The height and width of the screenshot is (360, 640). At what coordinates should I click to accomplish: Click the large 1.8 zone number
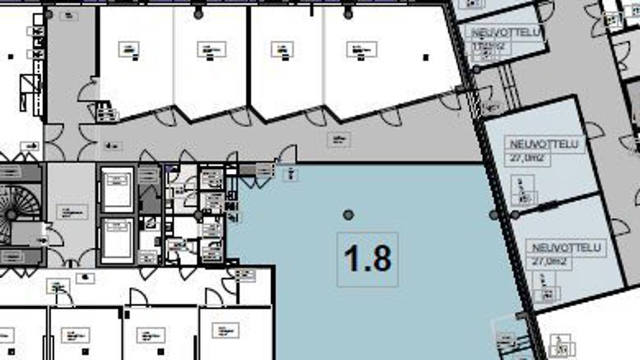point(367,259)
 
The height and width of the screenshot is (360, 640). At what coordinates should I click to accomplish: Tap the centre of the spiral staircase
point(11,214)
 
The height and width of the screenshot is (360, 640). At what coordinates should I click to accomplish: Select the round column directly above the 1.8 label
point(348,214)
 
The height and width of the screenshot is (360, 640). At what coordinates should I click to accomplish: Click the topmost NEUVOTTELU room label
point(506,32)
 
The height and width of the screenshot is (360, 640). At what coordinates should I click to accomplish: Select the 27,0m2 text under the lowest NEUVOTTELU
point(547,262)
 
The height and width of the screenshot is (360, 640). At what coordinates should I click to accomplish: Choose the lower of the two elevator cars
point(117,239)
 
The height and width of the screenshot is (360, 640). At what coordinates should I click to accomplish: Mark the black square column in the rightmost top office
point(426,57)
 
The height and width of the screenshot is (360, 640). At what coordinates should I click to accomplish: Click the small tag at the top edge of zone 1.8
point(291,174)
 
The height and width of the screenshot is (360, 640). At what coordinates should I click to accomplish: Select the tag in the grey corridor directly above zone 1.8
point(338,139)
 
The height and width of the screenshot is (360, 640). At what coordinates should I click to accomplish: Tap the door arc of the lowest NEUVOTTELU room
point(619,227)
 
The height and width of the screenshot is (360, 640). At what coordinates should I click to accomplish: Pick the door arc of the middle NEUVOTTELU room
point(594,130)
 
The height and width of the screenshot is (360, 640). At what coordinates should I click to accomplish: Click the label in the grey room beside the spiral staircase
point(71,211)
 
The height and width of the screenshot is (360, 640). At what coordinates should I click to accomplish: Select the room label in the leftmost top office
point(129,49)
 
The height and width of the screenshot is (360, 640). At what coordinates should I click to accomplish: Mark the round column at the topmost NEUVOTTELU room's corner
point(476,69)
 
